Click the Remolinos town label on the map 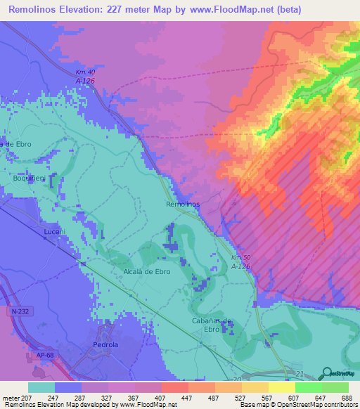(x=183, y=204)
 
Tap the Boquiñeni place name (x=29, y=178)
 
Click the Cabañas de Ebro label (x=212, y=325)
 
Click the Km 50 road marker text (x=240, y=258)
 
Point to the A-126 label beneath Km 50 (x=240, y=266)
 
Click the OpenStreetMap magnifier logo (x=326, y=372)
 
